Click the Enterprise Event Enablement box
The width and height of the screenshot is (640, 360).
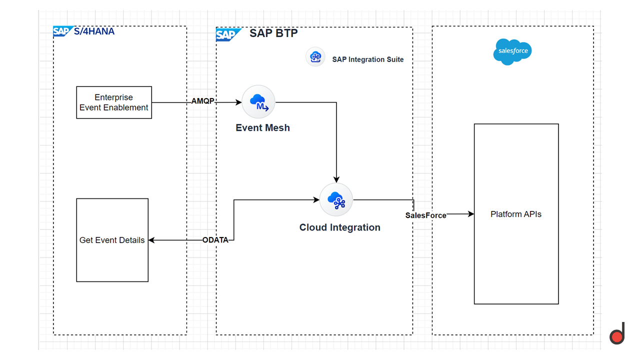click(114, 102)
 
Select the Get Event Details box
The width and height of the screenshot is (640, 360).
click(112, 240)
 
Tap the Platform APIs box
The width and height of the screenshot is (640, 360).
click(516, 214)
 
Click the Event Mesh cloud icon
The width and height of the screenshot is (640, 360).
click(258, 102)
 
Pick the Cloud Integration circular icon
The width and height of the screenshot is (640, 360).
click(336, 199)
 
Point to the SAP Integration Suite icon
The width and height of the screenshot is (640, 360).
click(315, 57)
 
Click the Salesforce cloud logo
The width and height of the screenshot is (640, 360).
click(512, 51)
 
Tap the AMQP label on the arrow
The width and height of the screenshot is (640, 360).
click(202, 101)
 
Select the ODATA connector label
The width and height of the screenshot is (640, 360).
click(215, 240)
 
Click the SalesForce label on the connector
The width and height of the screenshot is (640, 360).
click(425, 215)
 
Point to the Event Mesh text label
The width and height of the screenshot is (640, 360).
click(262, 127)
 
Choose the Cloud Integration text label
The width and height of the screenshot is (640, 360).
click(339, 227)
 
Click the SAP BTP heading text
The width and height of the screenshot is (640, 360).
click(273, 33)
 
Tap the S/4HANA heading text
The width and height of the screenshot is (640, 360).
click(95, 31)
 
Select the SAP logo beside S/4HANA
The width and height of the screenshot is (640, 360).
click(63, 31)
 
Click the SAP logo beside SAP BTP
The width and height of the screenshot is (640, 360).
click(228, 34)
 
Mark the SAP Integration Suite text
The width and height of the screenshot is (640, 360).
click(367, 59)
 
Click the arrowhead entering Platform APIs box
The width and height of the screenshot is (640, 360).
click(470, 214)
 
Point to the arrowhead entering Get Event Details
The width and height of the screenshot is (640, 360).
click(152, 240)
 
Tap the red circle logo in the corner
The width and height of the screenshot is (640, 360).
click(617, 337)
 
